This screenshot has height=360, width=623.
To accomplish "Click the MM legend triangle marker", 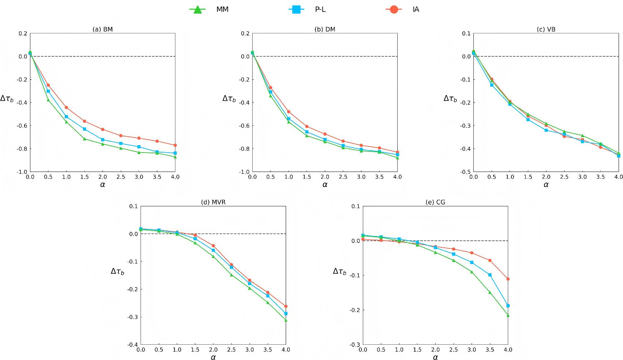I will [198, 10].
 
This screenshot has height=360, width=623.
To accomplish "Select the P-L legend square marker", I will [296, 10].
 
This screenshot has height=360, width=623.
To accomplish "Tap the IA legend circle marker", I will [394, 10].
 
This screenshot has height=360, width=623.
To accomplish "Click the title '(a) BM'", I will [102, 29].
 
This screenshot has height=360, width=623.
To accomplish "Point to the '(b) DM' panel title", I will [325, 29].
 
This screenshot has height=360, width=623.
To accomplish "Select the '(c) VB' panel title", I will [546, 29].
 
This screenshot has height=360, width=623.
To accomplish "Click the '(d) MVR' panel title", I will [213, 202].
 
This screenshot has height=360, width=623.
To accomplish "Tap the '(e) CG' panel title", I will [435, 202].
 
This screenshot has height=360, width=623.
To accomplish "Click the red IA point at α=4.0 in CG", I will [508, 279].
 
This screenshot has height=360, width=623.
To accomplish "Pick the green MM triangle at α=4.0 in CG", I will [508, 315].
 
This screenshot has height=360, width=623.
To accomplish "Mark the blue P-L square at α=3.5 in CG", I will [490, 275].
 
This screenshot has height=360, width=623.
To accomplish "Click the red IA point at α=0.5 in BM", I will [48, 85].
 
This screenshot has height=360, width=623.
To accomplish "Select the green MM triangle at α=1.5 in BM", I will [85, 139].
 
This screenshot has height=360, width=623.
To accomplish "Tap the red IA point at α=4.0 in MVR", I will [286, 306].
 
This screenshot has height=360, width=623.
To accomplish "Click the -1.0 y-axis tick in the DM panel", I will [244, 172].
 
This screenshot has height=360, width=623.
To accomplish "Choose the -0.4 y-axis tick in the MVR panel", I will [133, 345].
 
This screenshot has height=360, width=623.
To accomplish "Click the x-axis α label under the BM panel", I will [102, 184].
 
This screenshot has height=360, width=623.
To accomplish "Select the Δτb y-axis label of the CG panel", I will [339, 271].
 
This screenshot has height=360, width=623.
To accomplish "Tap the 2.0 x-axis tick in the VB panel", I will [546, 177].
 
